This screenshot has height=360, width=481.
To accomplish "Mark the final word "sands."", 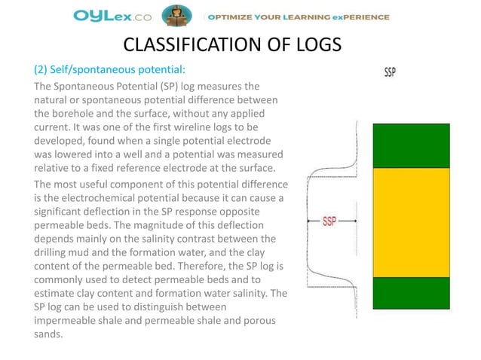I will point(50,333).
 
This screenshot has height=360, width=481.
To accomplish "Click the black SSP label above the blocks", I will point(390,73).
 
